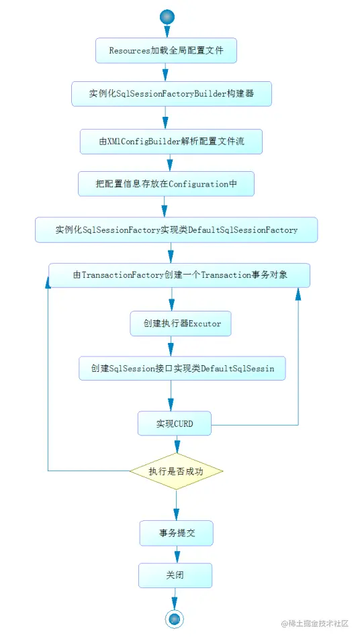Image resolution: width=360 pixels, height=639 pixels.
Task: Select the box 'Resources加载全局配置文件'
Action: tap(166, 50)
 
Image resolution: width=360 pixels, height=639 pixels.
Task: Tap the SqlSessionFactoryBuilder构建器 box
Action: tap(171, 94)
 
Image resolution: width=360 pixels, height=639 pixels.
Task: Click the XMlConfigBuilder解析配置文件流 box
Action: tap(171, 141)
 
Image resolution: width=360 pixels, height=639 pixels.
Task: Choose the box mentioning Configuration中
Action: tap(166, 183)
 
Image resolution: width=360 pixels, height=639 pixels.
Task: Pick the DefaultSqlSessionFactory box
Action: tap(176, 230)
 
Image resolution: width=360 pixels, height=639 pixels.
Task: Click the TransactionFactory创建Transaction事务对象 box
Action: tap(179, 275)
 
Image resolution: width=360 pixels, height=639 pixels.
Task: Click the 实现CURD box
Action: tap(175, 424)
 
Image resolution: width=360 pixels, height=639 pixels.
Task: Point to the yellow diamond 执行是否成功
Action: tap(176, 471)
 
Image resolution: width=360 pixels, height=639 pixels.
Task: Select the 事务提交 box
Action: tap(176, 533)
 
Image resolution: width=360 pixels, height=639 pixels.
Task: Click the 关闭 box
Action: tap(175, 575)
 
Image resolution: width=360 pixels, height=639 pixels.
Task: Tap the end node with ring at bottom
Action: tap(175, 618)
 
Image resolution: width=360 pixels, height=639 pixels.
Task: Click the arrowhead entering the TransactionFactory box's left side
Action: tap(48, 284)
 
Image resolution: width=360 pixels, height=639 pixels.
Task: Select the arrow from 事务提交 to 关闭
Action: tap(176, 554)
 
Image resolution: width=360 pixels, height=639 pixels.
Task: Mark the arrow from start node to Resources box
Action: tap(166, 32)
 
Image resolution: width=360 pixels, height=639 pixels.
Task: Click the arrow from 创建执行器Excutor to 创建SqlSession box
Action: tap(171, 346)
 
